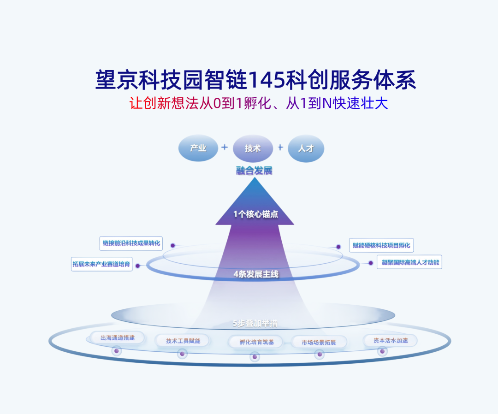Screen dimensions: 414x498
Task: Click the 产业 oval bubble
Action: tap(198, 148)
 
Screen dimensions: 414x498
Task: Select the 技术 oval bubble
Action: tap(253, 148)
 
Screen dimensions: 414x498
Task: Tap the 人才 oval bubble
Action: tap(306, 148)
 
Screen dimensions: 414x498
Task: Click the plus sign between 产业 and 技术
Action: tap(225, 148)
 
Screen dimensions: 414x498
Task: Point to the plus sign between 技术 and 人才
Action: tap(280, 148)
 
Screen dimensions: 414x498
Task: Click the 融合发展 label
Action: tap(254, 171)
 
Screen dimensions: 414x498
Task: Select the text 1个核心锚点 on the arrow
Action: tap(255, 214)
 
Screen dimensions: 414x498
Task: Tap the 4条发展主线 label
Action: tap(256, 274)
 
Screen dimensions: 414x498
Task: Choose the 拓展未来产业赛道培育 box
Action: tap(102, 265)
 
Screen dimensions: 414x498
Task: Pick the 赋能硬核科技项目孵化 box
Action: tap(381, 245)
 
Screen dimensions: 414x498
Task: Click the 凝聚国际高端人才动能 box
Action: tap(409, 262)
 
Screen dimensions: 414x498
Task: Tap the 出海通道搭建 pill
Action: tap(117, 338)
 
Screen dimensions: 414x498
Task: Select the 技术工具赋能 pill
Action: tap(183, 341)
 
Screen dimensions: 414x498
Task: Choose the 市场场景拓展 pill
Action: tap(319, 343)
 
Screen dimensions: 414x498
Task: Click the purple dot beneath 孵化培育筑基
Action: tap(255, 357)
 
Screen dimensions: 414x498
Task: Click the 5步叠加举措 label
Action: tap(255, 324)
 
